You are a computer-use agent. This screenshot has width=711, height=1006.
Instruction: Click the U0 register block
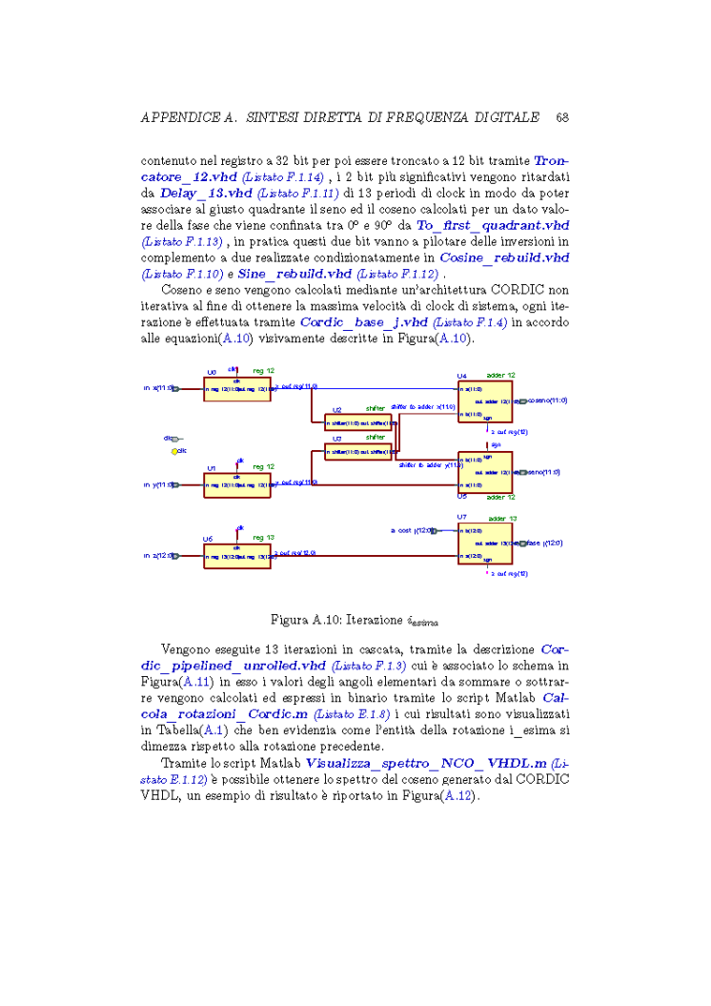[236, 388]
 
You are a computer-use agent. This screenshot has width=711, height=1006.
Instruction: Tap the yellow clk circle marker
[173, 451]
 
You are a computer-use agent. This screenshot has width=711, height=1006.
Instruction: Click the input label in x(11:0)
[159, 388]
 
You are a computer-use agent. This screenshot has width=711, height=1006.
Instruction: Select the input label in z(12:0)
[159, 555]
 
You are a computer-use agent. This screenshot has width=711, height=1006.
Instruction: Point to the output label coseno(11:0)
[547, 400]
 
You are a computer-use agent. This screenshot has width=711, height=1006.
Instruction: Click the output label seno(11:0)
[543, 472]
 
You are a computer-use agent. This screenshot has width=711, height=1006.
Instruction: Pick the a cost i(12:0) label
[411, 530]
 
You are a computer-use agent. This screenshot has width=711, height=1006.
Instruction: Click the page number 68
[561, 117]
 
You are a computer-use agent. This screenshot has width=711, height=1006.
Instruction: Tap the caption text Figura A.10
[304, 621]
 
